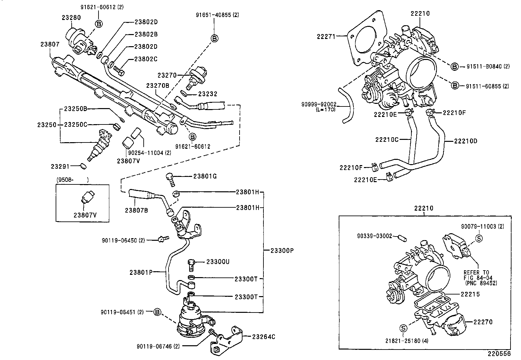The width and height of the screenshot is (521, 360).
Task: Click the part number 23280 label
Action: [71, 18]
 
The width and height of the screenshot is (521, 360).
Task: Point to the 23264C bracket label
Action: [263, 336]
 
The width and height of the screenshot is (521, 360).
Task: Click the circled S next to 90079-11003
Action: [479, 238]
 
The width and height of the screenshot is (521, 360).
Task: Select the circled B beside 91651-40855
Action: [214, 39]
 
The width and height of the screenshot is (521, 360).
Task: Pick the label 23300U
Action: [218, 262]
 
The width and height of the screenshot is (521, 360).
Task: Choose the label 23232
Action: [207, 94]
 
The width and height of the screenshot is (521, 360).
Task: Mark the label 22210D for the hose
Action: [466, 141]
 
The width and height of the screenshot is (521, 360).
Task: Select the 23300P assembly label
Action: [282, 251]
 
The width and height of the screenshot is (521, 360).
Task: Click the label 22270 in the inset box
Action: [483, 322]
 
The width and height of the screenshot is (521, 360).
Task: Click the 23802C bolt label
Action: [146, 59]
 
